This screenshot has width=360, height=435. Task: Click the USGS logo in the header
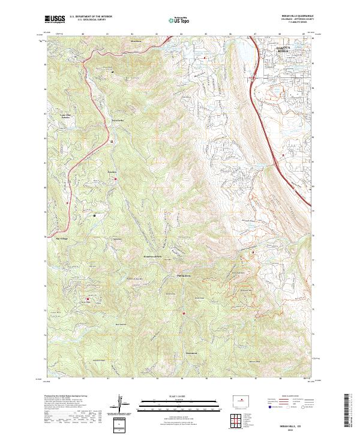coord(55,19)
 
